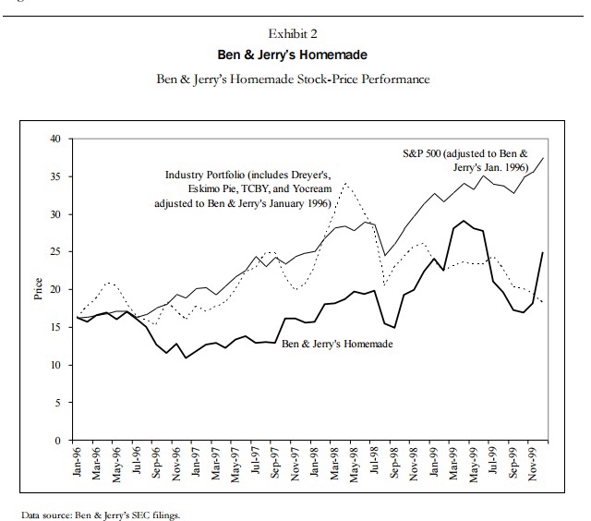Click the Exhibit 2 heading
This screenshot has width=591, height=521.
[295, 34]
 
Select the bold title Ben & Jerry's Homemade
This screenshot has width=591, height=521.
[295, 55]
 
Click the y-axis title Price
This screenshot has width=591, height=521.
[39, 289]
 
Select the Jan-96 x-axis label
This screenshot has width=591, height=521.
[77, 465]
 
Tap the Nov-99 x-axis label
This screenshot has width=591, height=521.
[534, 465]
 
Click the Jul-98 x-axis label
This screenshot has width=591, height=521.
[375, 465]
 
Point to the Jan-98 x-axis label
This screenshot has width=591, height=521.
[315, 465]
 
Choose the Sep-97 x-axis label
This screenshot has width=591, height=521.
[275, 465]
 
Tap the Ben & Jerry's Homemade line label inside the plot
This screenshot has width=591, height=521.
[337, 345]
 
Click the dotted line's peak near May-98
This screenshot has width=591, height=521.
[345, 183]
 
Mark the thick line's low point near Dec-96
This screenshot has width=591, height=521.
[186, 357]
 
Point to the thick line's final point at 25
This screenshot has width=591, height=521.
[542, 252]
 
